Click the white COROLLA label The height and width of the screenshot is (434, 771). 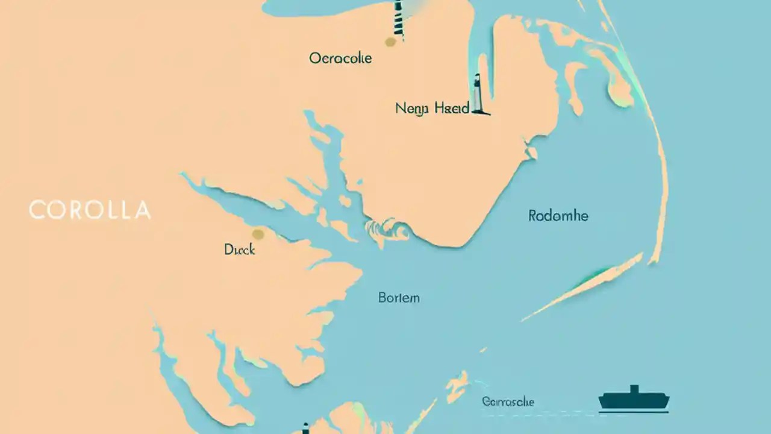[x=90, y=210]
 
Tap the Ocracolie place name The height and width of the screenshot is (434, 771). [x=340, y=58]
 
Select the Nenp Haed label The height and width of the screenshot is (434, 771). [x=432, y=109]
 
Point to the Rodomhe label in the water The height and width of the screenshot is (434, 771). [x=558, y=216]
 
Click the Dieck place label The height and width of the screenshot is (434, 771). [x=239, y=250]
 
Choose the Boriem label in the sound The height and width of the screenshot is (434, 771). [x=399, y=297]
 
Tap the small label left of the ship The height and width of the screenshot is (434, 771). [x=508, y=402]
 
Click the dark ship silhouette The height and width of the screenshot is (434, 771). [x=634, y=401]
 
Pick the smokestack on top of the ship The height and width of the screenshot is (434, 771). [x=633, y=389]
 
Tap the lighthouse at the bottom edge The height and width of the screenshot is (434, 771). [x=305, y=429]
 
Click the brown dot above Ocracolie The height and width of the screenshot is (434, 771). [x=390, y=42]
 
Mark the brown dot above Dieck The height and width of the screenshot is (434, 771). [x=258, y=234]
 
